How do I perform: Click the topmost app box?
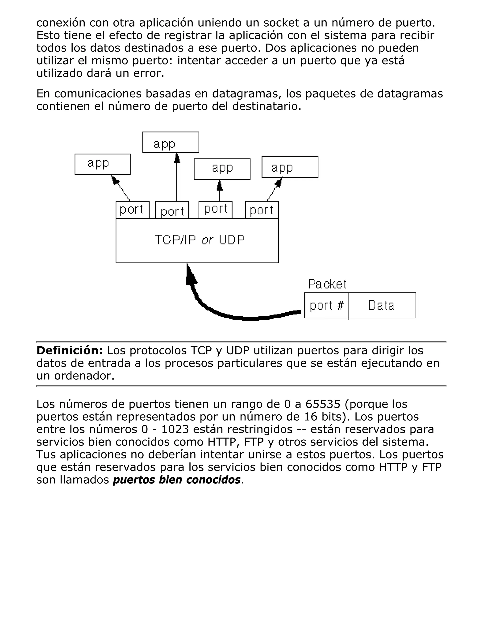[x=171, y=142]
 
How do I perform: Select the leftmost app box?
[x=102, y=164]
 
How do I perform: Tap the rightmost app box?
[x=290, y=167]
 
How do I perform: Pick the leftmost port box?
[x=132, y=210]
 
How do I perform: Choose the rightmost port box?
[x=262, y=210]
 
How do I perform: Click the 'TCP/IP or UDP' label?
[x=200, y=240]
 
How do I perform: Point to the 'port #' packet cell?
[x=326, y=305]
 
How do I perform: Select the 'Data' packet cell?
[x=381, y=305]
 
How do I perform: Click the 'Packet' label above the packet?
[x=327, y=284]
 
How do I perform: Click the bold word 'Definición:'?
[x=70, y=350]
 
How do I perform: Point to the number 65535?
[x=323, y=404]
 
